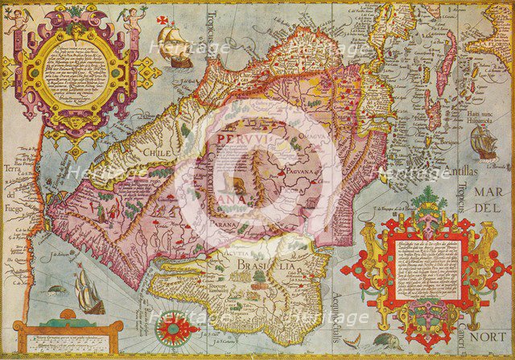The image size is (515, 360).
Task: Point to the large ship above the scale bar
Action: [88, 291]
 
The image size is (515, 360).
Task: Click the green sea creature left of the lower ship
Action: [54, 287]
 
